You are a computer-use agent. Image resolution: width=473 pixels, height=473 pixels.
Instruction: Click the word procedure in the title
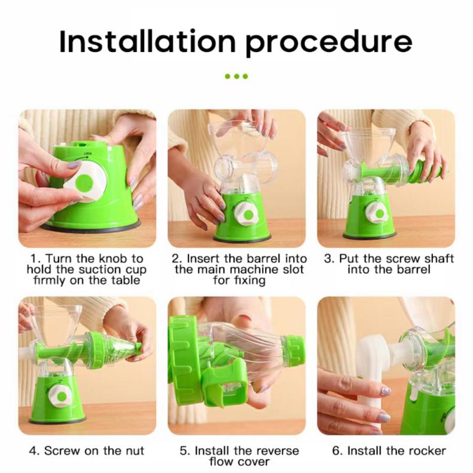[x=328, y=43]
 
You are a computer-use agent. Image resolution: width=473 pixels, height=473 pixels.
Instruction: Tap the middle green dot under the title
[x=237, y=76]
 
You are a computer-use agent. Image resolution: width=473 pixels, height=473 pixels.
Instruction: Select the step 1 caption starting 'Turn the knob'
[x=87, y=269]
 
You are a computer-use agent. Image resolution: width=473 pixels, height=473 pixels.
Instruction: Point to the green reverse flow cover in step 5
[x=225, y=384]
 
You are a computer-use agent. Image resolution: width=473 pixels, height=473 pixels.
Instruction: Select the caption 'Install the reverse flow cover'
[x=239, y=455]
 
